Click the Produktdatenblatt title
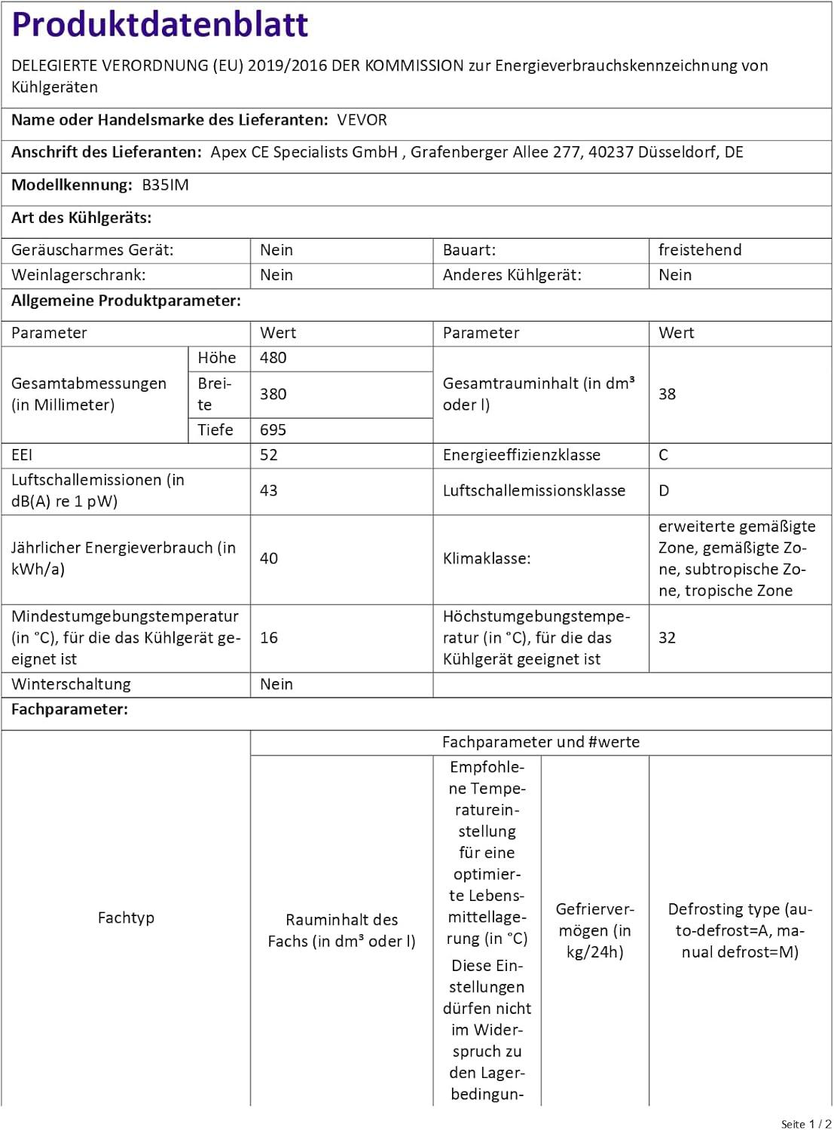[x=160, y=24]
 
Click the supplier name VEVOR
[x=362, y=120]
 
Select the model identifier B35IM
[x=165, y=185]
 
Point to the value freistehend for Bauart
[x=699, y=250]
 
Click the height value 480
[x=273, y=358]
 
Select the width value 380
[x=273, y=394]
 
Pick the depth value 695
[x=273, y=430]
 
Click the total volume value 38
[x=667, y=394]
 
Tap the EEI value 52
[x=268, y=455]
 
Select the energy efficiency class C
[x=663, y=455]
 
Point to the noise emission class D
[x=663, y=490]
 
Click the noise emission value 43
[x=268, y=490]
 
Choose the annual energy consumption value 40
[x=268, y=558]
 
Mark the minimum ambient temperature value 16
[x=268, y=638]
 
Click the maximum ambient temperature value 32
[x=667, y=638]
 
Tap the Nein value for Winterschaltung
[x=276, y=684]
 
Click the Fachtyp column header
[x=126, y=918]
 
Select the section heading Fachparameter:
[x=69, y=710]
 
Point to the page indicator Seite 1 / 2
[x=805, y=1124]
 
